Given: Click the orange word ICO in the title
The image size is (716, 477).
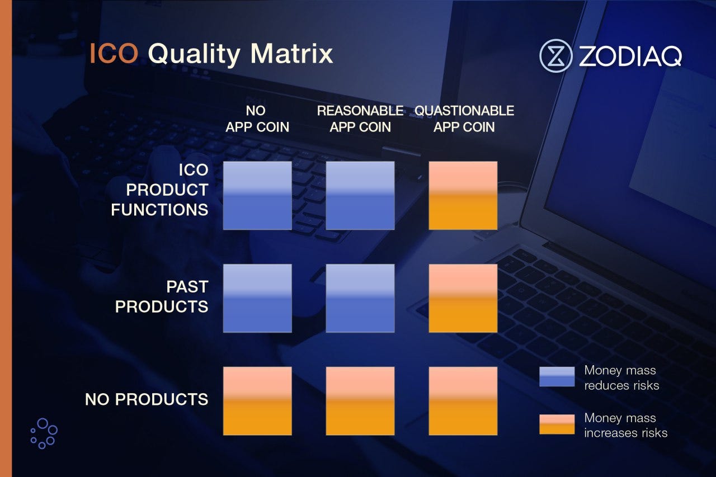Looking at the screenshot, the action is click(114, 53).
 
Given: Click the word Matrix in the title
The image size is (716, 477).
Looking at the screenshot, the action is click(291, 53).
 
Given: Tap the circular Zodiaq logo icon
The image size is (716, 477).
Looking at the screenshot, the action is click(555, 56).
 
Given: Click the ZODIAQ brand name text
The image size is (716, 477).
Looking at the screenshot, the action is click(630, 56).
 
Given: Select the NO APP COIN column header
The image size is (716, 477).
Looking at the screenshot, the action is click(257, 119).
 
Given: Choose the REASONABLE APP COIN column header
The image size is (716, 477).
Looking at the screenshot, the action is click(360, 119).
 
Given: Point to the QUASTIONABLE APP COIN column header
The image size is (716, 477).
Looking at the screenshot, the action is click(464, 119).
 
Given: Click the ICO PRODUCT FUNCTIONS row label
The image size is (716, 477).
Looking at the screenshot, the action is click(159, 190).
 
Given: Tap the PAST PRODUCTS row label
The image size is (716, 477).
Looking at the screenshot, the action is click(162, 296).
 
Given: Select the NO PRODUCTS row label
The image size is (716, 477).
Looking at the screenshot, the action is click(147, 399).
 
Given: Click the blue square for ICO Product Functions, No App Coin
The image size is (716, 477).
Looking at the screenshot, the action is click(257, 196).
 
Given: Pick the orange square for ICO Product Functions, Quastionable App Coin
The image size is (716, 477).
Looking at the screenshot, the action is click(463, 196).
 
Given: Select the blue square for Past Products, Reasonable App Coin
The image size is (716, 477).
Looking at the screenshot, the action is click(360, 298).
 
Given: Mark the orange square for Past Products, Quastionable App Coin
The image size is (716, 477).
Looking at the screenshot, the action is click(463, 298).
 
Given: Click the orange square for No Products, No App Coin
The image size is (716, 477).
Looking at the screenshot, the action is click(257, 401).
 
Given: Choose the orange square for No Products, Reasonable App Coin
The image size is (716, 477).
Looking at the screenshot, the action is click(360, 401).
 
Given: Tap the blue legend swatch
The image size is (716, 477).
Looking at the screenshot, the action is click(557, 377).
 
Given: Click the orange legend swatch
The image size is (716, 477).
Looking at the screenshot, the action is click(557, 424).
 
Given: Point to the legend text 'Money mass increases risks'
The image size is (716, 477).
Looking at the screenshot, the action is click(625, 425).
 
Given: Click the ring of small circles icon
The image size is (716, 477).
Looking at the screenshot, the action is click(44, 433).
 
